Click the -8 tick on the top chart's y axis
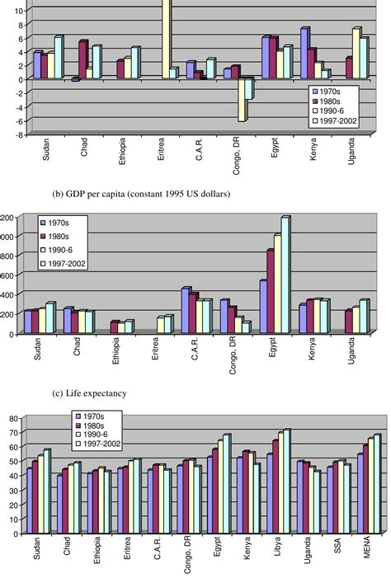[x=8, y=134]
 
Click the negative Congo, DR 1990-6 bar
[x=243, y=100]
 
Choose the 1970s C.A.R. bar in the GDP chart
[x=186, y=310]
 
